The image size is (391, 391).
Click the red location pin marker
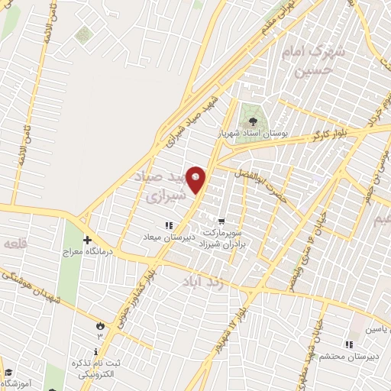pyautogui.click(x=196, y=179)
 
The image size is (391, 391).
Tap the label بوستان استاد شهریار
pyautogui.click(x=262, y=134)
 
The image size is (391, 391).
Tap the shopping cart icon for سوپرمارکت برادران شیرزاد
pyautogui.click(x=221, y=219)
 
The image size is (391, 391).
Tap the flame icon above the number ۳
pyautogui.click(x=99, y=326)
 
